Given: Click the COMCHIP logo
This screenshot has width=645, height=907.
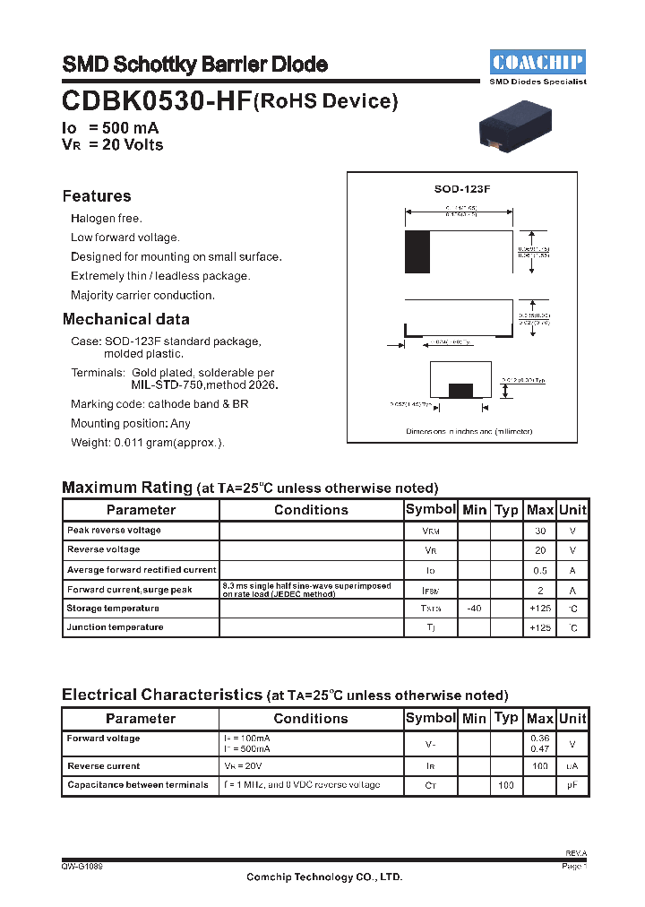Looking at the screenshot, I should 537,62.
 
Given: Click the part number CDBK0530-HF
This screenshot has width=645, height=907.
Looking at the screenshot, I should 157,100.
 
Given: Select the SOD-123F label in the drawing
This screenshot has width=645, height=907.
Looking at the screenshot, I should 462,189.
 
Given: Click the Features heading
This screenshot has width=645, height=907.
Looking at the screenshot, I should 97,196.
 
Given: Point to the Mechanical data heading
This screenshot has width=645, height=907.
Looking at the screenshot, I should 125,319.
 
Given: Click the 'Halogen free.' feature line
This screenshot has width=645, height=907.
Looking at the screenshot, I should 107,219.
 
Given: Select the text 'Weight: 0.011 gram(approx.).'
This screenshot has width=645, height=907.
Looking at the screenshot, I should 148,442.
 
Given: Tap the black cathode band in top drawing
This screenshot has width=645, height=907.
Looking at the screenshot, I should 417,252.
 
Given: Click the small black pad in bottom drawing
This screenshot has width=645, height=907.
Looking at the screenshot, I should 460,389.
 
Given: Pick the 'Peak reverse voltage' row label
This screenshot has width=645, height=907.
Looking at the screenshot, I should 114,531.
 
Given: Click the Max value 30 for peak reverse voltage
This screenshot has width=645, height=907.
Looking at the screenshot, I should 540,531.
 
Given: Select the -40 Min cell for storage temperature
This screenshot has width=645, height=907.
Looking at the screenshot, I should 474,609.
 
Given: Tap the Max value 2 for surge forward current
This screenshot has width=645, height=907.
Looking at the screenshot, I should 540,590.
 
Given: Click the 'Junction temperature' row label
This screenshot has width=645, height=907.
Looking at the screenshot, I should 115,627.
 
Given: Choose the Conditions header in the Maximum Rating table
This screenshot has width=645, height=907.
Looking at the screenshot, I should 311,510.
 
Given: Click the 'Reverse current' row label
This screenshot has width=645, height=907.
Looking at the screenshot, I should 104,766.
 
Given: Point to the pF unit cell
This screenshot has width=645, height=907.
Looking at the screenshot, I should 572,785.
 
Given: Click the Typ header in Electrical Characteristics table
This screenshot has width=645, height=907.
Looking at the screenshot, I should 506,718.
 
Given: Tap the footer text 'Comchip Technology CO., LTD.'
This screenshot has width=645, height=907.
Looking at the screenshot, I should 324,877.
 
